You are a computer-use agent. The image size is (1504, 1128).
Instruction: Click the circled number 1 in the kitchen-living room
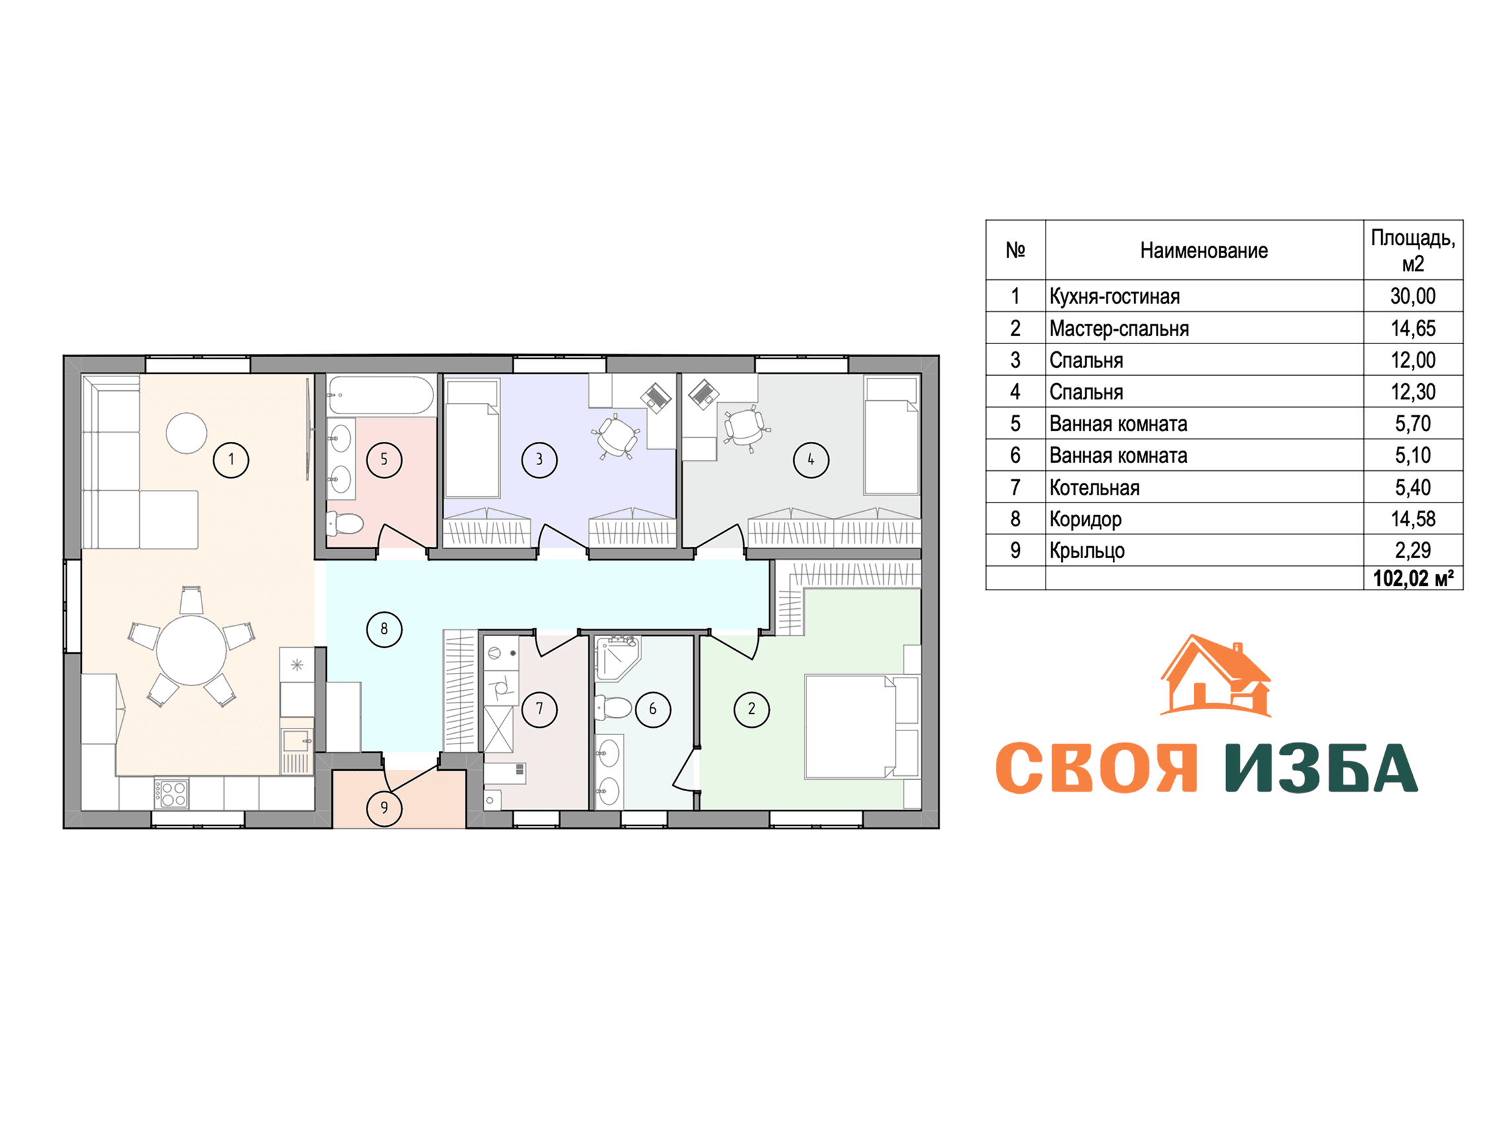coord(231,460)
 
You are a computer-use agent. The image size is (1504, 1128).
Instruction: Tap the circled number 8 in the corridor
coord(384,629)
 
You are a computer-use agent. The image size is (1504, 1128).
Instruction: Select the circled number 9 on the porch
coord(384,808)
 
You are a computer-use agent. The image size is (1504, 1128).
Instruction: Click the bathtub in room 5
coord(380,395)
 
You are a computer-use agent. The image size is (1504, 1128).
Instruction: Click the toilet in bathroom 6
coord(614,707)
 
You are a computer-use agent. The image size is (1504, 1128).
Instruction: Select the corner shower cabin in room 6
coord(618,658)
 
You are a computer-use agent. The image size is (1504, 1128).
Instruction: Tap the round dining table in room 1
coord(192,651)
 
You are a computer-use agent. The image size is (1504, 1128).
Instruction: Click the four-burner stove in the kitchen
coord(170,793)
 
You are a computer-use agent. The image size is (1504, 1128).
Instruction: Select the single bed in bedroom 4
coord(892,436)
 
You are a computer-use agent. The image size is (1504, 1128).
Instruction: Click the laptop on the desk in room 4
coord(703,395)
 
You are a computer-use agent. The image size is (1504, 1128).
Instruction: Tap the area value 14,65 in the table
coord(1413,328)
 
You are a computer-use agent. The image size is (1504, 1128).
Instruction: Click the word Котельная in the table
coord(1094,487)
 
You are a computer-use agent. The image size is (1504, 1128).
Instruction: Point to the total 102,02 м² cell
coord(1413,579)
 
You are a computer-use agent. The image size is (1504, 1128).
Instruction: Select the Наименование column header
coord(1204,251)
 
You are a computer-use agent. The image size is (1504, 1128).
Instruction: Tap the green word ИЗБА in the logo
coord(1321,768)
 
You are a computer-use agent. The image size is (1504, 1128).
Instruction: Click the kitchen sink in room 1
coord(297,740)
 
